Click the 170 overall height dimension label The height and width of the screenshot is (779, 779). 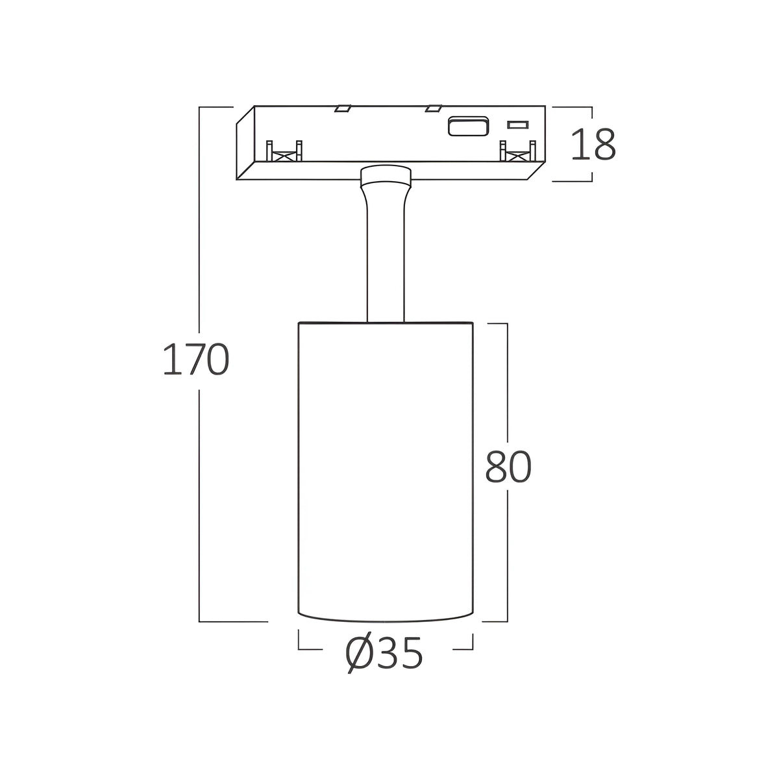tap(196, 360)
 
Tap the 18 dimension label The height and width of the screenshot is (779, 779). tap(593, 144)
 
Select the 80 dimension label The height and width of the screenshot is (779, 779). tap(508, 467)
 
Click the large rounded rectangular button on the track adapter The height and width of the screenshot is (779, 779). tap(467, 126)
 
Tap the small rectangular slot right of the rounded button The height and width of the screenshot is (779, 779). tap(518, 125)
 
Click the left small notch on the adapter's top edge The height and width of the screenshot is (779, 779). tap(342, 108)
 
